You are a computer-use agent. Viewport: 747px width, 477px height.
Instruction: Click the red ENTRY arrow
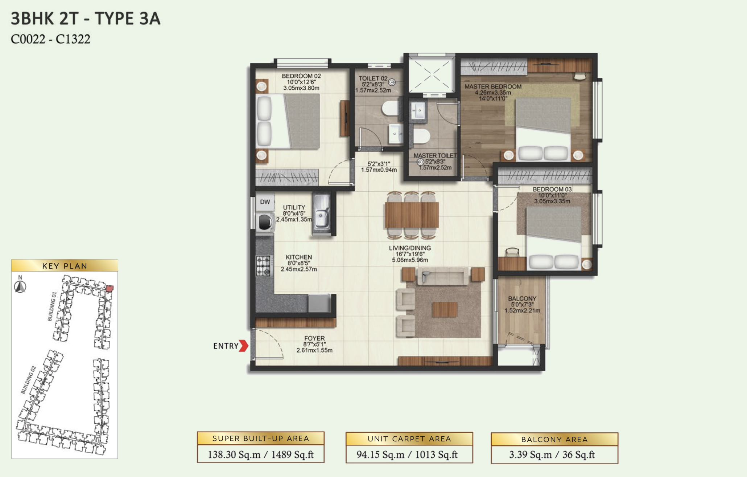[x=244, y=346]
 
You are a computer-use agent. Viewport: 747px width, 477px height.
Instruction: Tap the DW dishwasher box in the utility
[x=265, y=202]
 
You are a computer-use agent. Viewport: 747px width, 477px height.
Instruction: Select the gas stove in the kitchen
[x=263, y=266]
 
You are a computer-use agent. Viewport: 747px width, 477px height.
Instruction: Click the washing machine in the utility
[x=265, y=222]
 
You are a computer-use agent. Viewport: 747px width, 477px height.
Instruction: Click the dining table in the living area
[x=412, y=215]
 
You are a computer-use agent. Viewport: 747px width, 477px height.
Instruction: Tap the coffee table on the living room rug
[x=445, y=309]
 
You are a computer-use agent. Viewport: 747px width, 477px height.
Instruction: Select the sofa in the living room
[x=443, y=276]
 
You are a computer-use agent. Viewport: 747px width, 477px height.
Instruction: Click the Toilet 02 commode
[x=391, y=108]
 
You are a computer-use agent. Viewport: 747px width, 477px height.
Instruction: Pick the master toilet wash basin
[x=418, y=110]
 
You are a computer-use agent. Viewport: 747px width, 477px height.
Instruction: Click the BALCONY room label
[x=522, y=298]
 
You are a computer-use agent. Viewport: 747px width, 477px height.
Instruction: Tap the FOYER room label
[x=314, y=338]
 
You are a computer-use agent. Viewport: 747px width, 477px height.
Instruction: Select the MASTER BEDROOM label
[x=493, y=86]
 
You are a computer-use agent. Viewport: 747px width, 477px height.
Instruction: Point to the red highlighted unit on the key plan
[x=110, y=288]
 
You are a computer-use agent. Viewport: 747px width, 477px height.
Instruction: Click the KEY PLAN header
[x=65, y=266]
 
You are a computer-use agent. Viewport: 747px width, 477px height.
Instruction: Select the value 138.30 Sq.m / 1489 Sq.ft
[x=261, y=454]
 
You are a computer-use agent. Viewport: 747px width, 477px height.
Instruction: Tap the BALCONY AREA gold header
[x=554, y=439]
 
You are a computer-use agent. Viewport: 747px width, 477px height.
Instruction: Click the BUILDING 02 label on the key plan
[x=28, y=380]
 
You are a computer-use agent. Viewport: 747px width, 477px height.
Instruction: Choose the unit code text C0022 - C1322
[x=50, y=39]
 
